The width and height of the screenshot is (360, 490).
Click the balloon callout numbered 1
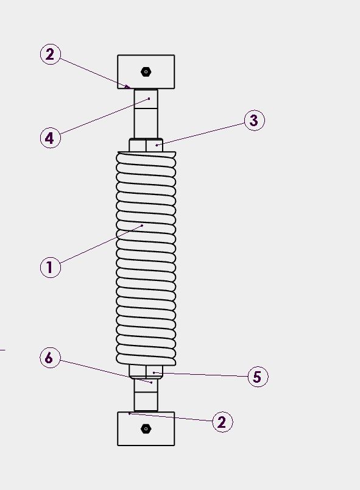[x=51, y=267]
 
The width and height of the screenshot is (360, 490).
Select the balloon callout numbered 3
[x=254, y=120]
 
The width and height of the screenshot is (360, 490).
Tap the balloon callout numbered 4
[x=51, y=138]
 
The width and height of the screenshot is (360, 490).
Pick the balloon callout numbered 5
[x=258, y=377]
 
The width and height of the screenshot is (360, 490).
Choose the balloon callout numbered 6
[x=51, y=358]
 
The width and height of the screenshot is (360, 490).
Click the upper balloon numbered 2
[x=51, y=54]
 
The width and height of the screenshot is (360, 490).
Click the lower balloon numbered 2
[x=222, y=422]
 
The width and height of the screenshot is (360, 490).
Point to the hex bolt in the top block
[x=146, y=72]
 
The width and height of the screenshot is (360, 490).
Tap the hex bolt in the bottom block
[x=146, y=429]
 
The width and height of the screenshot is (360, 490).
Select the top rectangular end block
[x=146, y=72]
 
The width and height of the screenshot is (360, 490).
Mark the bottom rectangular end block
[x=146, y=429]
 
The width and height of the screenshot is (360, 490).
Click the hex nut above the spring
[x=146, y=145]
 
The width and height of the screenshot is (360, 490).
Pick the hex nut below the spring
[x=146, y=372]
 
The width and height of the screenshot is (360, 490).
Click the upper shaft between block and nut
[x=146, y=114]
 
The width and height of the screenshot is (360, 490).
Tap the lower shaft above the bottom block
[x=146, y=395]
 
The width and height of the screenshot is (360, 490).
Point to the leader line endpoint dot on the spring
[x=143, y=225]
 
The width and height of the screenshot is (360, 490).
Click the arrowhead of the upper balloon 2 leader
[x=128, y=87]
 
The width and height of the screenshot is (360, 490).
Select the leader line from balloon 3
[x=200, y=134]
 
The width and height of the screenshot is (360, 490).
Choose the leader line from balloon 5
[x=200, y=374]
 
